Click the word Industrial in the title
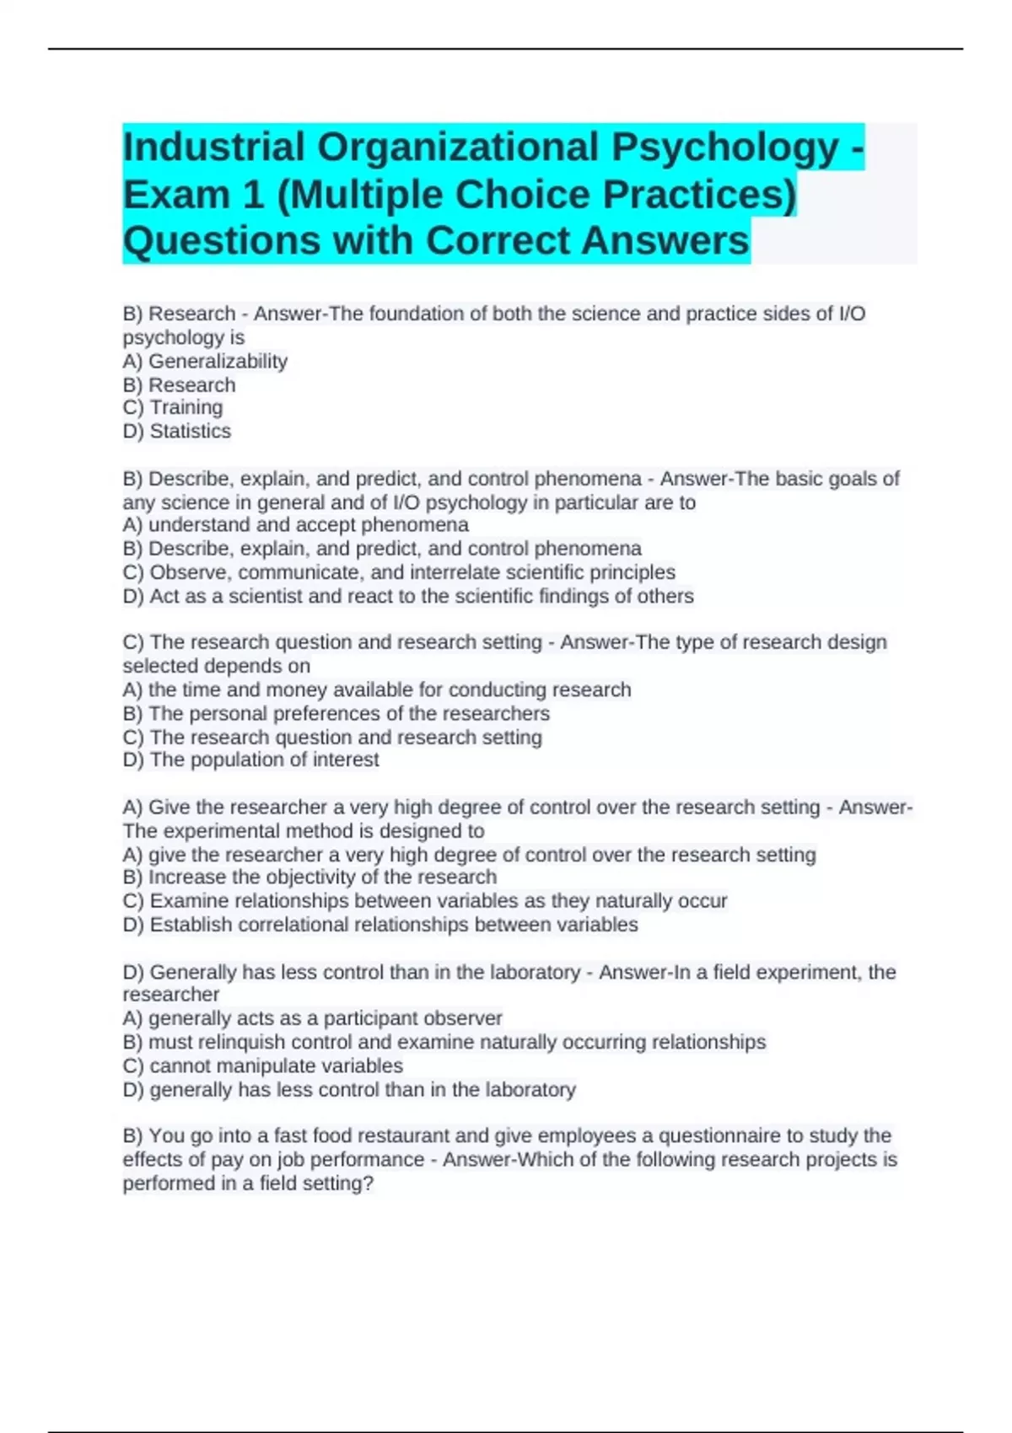point(213,148)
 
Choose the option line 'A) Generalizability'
point(205,362)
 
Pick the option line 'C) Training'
point(173,408)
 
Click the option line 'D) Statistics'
point(177,432)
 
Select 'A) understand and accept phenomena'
point(295,525)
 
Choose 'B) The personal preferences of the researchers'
point(336,713)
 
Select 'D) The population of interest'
point(250,759)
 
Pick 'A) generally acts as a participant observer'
point(312,1018)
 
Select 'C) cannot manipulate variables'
point(262,1065)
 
